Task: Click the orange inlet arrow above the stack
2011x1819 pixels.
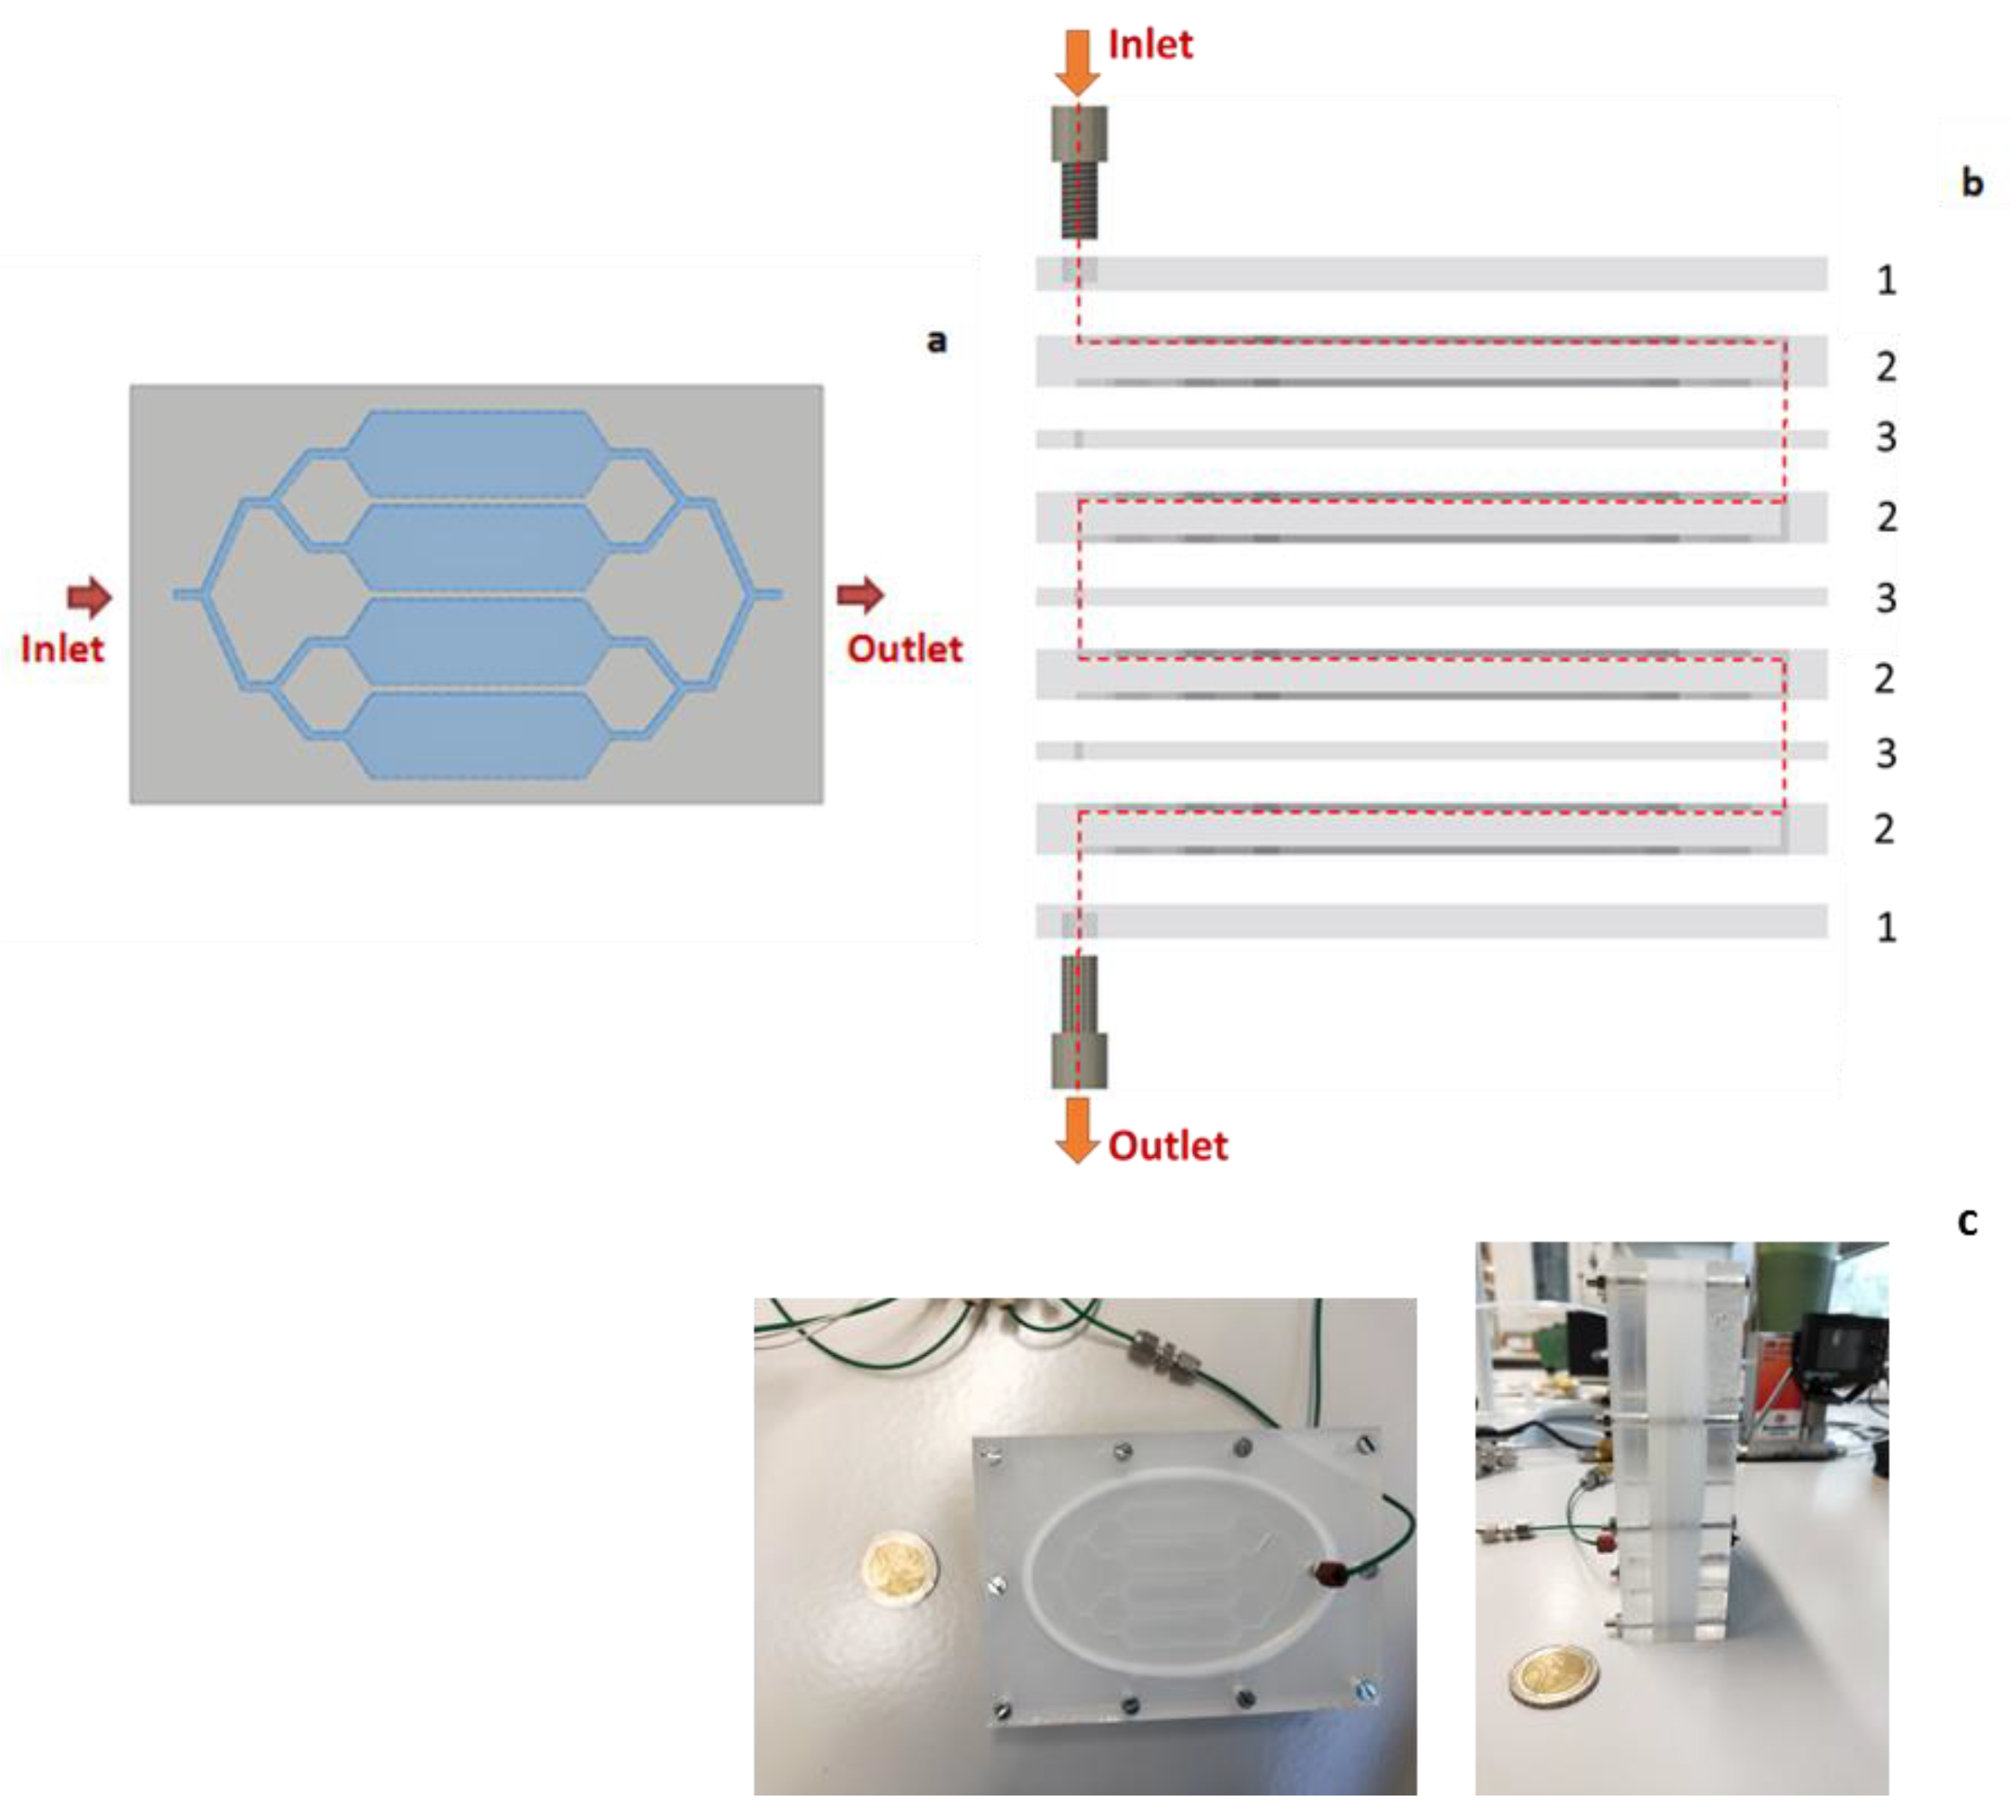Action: [1077, 62]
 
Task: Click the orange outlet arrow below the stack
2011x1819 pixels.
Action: [1077, 1130]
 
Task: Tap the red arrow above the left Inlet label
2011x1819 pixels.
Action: [89, 597]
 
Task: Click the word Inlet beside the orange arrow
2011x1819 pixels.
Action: [1150, 45]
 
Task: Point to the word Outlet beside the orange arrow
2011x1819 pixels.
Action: [1168, 1145]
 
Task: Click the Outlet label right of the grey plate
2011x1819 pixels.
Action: [905, 649]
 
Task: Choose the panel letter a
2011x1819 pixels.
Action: [937, 341]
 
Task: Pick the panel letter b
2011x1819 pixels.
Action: [1972, 182]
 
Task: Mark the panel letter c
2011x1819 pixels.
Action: [1967, 1221]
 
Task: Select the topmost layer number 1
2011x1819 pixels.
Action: [1885, 280]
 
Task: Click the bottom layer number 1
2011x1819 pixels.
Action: [1885, 927]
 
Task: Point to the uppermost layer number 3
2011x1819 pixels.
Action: [1885, 437]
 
